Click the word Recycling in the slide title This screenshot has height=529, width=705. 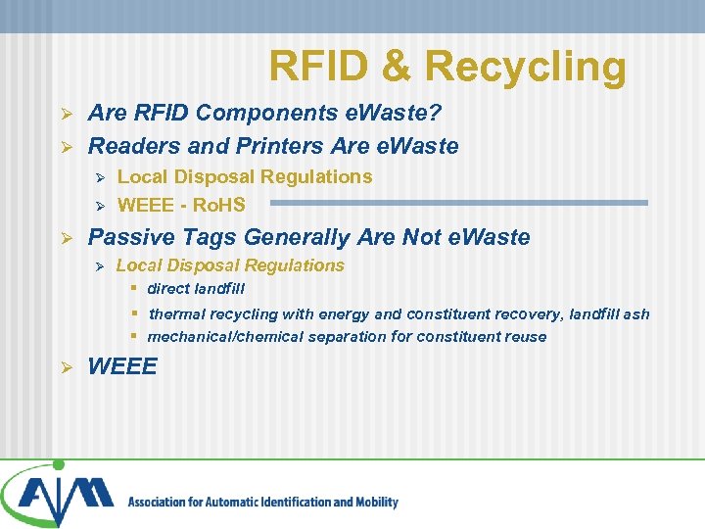[525, 67]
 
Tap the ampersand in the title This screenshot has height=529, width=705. [395, 67]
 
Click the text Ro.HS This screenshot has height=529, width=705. [219, 205]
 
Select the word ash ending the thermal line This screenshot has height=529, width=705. [636, 314]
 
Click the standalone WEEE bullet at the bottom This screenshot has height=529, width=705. [122, 366]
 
